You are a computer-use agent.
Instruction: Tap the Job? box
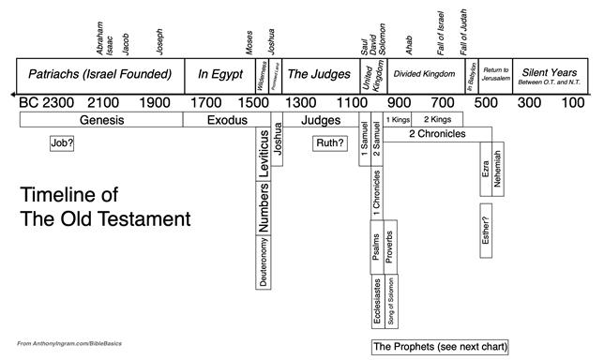62,143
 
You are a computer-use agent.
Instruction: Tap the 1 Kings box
399,120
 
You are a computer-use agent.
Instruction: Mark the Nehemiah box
498,170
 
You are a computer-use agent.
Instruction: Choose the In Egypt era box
216,73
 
